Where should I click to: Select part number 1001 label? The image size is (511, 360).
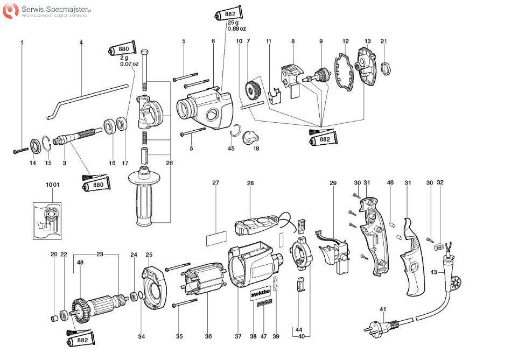(52, 185)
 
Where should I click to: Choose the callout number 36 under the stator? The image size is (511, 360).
(208, 336)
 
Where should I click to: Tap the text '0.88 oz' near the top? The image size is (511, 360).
(236, 29)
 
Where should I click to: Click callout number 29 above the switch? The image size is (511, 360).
(333, 183)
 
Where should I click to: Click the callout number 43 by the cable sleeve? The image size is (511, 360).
(434, 273)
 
